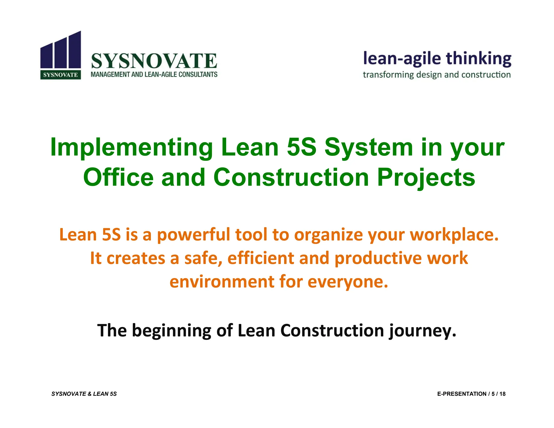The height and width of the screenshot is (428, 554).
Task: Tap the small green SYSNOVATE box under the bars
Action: (61, 75)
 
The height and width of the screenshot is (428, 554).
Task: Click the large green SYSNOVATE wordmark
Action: (154, 61)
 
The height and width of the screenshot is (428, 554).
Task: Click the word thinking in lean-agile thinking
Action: (478, 59)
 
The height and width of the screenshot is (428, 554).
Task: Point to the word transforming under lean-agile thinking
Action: (388, 75)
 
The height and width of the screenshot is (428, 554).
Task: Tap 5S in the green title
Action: (301, 147)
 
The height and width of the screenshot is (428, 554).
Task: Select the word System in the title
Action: (368, 147)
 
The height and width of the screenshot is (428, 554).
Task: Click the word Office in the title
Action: (118, 177)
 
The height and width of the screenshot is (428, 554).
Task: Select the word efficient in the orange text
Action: (260, 258)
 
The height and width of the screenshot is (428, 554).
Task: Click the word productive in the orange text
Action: (378, 259)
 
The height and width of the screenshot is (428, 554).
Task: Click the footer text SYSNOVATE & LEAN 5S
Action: (84, 394)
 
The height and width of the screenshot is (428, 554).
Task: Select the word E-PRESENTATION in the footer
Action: (461, 394)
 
